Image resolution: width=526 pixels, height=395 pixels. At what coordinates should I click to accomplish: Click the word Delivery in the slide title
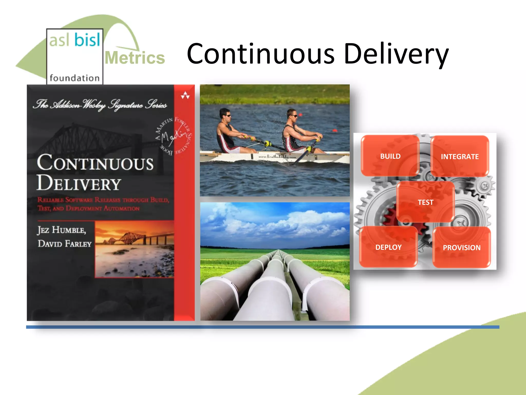pyautogui.click(x=396, y=55)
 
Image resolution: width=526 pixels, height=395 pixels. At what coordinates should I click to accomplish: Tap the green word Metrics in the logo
pyautogui.click(x=135, y=58)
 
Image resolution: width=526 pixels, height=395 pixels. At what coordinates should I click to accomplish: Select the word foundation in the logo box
pyautogui.click(x=74, y=78)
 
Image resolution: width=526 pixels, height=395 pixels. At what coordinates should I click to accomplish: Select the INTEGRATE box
pyautogui.click(x=459, y=156)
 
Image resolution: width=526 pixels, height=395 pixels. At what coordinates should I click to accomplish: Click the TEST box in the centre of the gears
pyautogui.click(x=425, y=202)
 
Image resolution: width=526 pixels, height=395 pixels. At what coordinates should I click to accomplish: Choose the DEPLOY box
pyautogui.click(x=388, y=247)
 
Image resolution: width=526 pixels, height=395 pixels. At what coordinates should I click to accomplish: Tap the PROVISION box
pyautogui.click(x=462, y=247)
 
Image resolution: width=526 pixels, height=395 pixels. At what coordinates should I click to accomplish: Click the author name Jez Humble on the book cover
pyautogui.click(x=62, y=230)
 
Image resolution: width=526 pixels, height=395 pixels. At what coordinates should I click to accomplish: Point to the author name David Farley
pyautogui.click(x=64, y=244)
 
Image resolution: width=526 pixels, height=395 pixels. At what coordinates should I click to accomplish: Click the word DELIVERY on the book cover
pyautogui.click(x=79, y=183)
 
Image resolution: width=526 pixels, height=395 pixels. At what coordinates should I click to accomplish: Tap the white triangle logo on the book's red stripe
pyautogui.click(x=185, y=95)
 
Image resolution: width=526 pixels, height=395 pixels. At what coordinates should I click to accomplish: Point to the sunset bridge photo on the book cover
pyautogui.click(x=134, y=249)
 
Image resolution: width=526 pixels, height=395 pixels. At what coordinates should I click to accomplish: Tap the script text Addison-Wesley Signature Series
pyautogui.click(x=100, y=105)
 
